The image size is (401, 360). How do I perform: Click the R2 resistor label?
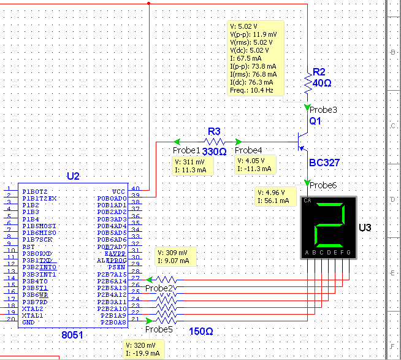(319, 72)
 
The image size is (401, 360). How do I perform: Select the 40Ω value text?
(322, 83)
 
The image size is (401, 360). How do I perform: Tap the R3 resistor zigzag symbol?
(215, 142)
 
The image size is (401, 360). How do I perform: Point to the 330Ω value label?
(215, 151)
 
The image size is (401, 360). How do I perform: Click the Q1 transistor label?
(315, 121)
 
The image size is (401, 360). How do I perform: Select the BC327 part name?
(324, 163)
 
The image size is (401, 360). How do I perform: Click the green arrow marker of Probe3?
(307, 107)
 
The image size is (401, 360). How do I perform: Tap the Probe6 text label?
(323, 185)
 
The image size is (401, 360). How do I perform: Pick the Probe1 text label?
(186, 150)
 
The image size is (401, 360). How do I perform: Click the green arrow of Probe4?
(239, 142)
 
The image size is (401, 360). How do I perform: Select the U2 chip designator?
(73, 176)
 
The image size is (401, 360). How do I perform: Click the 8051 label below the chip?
(72, 335)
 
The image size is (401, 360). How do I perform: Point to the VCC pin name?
(118, 191)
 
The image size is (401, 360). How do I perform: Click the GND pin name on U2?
(28, 323)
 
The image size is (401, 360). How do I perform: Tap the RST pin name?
(28, 247)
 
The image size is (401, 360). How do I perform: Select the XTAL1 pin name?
(32, 316)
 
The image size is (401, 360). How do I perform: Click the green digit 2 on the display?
(329, 224)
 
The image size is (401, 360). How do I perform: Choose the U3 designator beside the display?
(365, 228)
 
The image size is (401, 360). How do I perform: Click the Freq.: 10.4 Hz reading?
(251, 90)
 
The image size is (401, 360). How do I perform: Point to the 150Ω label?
(201, 332)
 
